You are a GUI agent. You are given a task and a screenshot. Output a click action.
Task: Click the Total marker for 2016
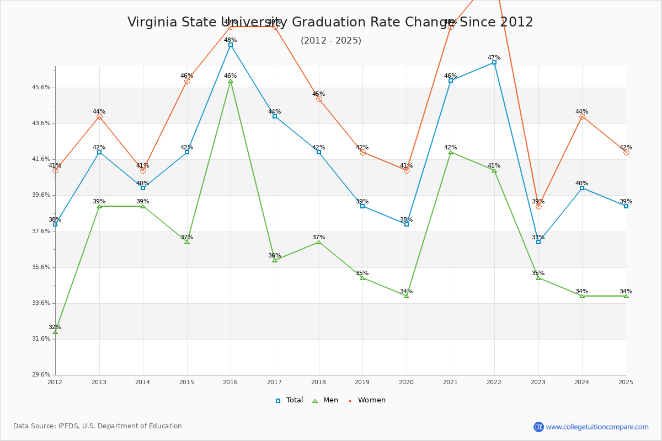click(231, 45)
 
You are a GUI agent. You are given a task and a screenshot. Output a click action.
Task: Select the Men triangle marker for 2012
click(55, 332)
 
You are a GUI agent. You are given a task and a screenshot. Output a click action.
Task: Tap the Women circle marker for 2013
click(99, 116)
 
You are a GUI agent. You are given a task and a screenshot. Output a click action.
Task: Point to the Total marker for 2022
click(494, 62)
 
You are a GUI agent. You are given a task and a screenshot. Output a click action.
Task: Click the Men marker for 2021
click(451, 152)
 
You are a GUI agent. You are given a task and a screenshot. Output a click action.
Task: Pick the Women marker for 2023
click(538, 206)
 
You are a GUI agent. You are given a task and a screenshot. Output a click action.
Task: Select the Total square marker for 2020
click(407, 224)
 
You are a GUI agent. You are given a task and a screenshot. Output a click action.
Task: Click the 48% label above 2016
click(231, 40)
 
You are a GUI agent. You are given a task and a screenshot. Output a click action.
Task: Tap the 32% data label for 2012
click(55, 327)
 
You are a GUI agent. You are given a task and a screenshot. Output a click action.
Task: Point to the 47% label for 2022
click(494, 57)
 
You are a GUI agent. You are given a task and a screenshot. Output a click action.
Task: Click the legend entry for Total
click(290, 400)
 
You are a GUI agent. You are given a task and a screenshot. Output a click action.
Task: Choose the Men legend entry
click(326, 400)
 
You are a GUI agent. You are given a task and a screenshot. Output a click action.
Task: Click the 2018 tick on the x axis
click(319, 381)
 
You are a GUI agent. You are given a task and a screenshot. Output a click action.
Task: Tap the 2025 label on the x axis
click(626, 381)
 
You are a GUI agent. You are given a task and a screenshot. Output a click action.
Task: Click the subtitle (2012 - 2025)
click(331, 40)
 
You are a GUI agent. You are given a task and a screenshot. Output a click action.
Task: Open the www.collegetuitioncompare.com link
click(597, 427)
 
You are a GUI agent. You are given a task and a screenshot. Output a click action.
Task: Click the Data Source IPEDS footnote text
click(98, 426)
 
